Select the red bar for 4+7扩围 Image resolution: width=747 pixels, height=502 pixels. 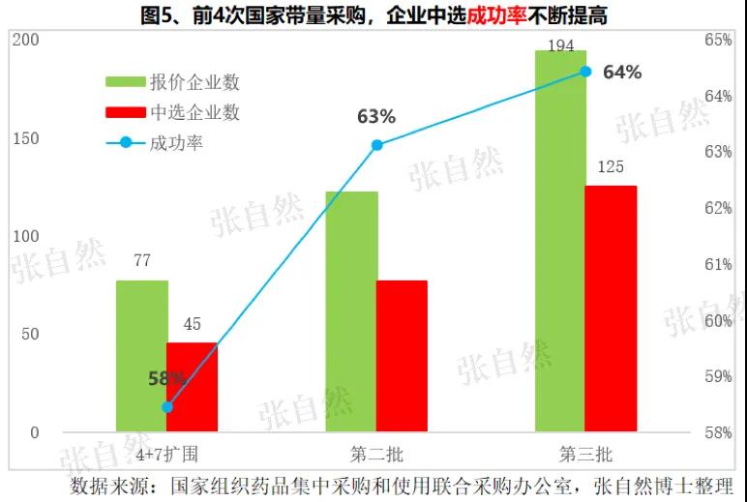(192, 387)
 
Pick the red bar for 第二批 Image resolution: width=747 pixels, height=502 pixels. (402, 356)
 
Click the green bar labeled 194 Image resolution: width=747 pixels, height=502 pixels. (560, 242)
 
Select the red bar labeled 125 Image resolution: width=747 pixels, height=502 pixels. (611, 309)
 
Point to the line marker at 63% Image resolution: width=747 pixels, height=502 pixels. (377, 145)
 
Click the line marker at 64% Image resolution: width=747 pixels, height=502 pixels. (585, 71)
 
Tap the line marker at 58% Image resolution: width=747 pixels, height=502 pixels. (167, 406)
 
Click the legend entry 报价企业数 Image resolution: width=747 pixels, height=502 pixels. (194, 80)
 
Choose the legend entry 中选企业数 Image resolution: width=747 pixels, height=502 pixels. (194, 112)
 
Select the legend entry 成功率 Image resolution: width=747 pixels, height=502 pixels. (176, 143)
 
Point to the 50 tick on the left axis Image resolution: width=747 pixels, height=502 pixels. (31, 334)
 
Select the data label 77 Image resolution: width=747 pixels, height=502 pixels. (142, 260)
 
